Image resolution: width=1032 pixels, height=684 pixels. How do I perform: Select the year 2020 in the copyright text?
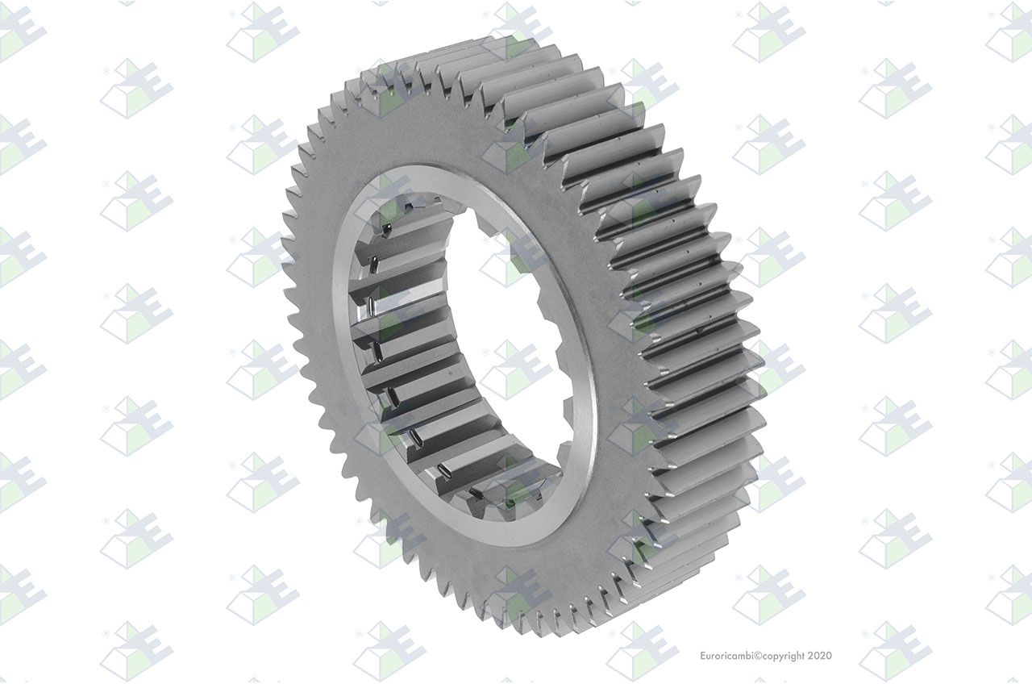coord(819,656)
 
